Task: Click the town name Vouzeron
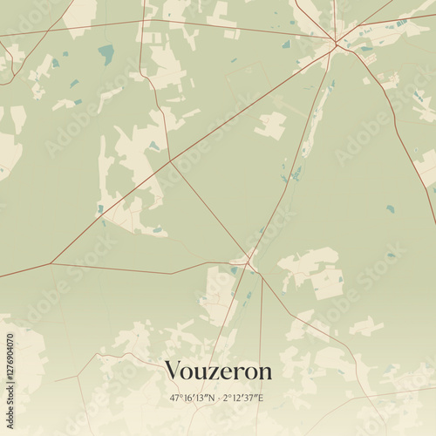point(218,371)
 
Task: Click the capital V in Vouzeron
point(173,371)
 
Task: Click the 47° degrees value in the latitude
point(177,399)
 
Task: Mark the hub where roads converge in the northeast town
point(336,44)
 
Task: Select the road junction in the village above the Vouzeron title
point(249,259)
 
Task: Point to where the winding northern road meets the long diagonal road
point(170,161)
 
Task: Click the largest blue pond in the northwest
point(106,54)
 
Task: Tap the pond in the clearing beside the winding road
point(153,146)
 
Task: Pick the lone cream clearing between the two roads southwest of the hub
point(270,125)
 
